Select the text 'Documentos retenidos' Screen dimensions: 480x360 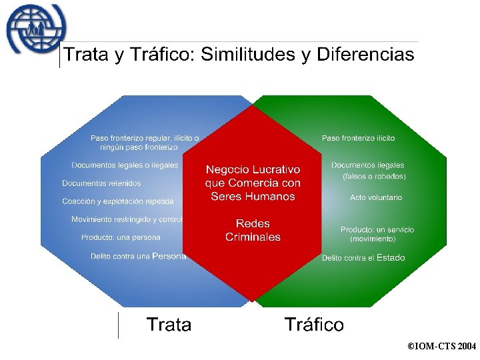click(101, 183)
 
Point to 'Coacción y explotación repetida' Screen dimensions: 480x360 click(118, 201)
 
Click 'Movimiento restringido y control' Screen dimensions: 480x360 click(127, 219)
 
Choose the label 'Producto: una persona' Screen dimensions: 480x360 click(121, 237)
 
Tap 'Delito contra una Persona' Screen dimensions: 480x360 click(138, 256)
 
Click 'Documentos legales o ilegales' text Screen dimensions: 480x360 click(125, 165)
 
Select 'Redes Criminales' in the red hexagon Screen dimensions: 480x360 click(253, 230)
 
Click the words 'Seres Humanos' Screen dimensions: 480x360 click(253, 196)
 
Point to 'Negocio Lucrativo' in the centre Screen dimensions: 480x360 click(253, 170)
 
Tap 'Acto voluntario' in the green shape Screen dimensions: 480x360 click(376, 197)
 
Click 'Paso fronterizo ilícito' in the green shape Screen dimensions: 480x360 click(358, 138)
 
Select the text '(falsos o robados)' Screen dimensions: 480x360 click(374, 177)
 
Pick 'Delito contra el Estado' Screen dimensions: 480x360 click(363, 258)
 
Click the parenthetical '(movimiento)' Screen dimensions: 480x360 click(373, 239)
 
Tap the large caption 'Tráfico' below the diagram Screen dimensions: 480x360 click(314, 325)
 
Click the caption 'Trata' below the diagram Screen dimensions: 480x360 click(169, 325)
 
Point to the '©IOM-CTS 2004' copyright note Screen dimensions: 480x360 click(441, 347)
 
